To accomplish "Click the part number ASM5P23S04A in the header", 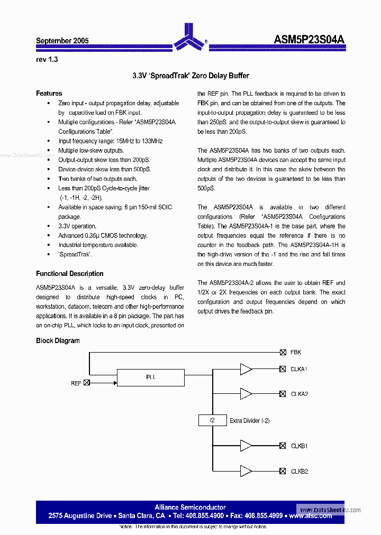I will point(310,40).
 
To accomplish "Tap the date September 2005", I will point(62,41).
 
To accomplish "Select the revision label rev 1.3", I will point(47,59).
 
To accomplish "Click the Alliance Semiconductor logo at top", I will point(190,36).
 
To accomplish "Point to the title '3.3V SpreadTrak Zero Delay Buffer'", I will point(190,76).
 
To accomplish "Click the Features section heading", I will point(49,94).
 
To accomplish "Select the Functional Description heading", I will point(69,274).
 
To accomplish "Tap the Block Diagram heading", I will point(58,341).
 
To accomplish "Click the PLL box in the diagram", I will point(150,377).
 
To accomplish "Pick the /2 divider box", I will point(212,420).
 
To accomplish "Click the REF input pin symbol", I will point(87,383).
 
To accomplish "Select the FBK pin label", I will point(296,352).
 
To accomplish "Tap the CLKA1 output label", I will point(299,369).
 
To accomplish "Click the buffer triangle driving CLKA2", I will point(246,394).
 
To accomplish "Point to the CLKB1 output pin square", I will point(283,446).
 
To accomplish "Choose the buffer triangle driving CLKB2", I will point(246,471).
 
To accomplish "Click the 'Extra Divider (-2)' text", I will point(250,421).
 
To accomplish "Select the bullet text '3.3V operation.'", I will point(77,226).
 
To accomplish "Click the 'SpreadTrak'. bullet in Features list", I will point(75,254).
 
